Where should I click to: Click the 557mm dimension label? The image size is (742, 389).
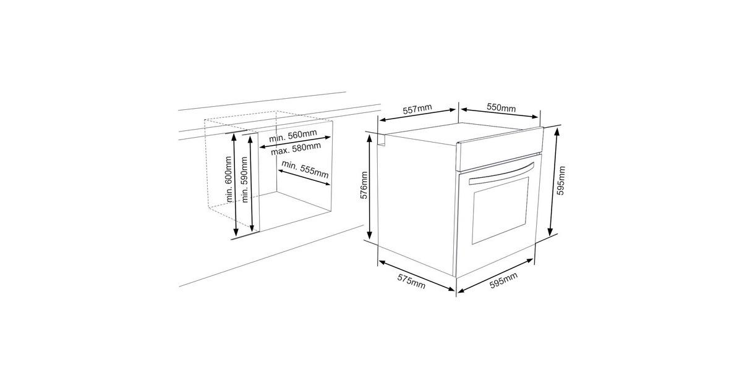tap(417, 109)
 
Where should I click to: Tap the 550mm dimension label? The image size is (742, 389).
tap(501, 107)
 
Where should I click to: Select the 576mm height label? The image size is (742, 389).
tap(364, 185)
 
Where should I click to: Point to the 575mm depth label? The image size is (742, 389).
tap(411, 282)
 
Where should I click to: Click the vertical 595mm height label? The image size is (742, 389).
tap(561, 180)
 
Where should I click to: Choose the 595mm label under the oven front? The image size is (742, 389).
tap(503, 280)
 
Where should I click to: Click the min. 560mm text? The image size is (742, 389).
tap(293, 136)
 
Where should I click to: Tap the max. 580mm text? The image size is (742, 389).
tap(296, 149)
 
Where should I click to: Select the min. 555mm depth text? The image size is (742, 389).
tap(305, 169)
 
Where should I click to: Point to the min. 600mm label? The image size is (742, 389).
tap(228, 179)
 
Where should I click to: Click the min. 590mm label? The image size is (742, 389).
tap(244, 179)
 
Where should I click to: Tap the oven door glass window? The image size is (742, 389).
tap(500, 211)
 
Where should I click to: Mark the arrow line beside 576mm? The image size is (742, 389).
tap(370, 187)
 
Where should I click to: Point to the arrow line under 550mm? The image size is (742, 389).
tap(500, 113)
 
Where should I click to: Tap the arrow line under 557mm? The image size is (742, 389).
tap(417, 115)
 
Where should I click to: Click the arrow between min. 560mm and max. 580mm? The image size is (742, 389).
tap(295, 142)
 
